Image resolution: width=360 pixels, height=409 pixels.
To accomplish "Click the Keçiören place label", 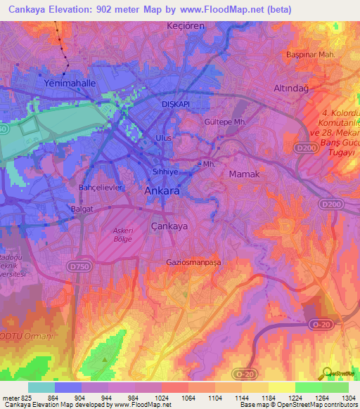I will coord(184,25).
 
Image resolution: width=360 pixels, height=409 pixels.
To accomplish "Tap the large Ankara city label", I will coord(162,190).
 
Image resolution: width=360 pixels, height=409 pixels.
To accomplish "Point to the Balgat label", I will coord(83,209).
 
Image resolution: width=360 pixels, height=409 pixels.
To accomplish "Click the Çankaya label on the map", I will coord(169,226).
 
